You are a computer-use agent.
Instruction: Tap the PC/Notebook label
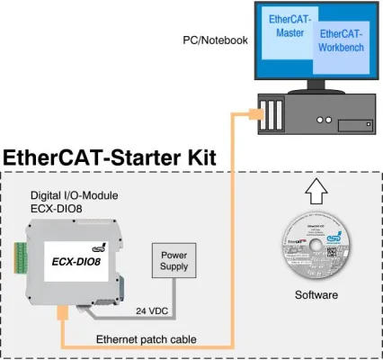[217, 40]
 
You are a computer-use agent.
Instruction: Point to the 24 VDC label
[153, 311]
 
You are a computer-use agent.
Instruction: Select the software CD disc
[318, 244]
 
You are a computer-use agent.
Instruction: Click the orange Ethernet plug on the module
[61, 314]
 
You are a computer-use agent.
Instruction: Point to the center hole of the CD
[318, 244]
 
